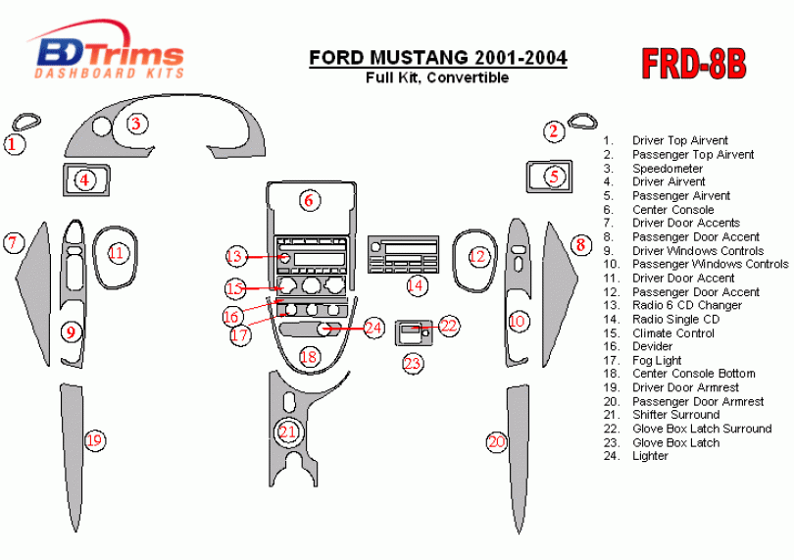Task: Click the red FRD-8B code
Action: pyautogui.click(x=694, y=64)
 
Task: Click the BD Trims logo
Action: pyautogui.click(x=108, y=50)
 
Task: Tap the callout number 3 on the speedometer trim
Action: pyautogui.click(x=136, y=124)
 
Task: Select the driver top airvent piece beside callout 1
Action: pyautogui.click(x=26, y=122)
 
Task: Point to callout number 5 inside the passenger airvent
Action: pyautogui.click(x=554, y=177)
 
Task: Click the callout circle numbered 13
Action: pyautogui.click(x=235, y=256)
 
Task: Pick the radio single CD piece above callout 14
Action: pyautogui.click(x=403, y=254)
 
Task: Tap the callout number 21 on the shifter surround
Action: pyautogui.click(x=287, y=432)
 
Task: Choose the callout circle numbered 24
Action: pyautogui.click(x=373, y=328)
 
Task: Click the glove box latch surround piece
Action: pyautogui.click(x=415, y=332)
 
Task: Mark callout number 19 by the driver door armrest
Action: pyautogui.click(x=95, y=440)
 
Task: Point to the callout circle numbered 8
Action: pyautogui.click(x=581, y=245)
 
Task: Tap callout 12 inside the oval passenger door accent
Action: pyautogui.click(x=477, y=256)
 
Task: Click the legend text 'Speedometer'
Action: pyautogui.click(x=668, y=169)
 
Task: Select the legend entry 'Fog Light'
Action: pyautogui.click(x=657, y=360)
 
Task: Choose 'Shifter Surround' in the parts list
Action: pyautogui.click(x=676, y=415)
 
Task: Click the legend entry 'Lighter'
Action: pyautogui.click(x=650, y=456)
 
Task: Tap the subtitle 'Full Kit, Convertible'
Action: pyautogui.click(x=437, y=77)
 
